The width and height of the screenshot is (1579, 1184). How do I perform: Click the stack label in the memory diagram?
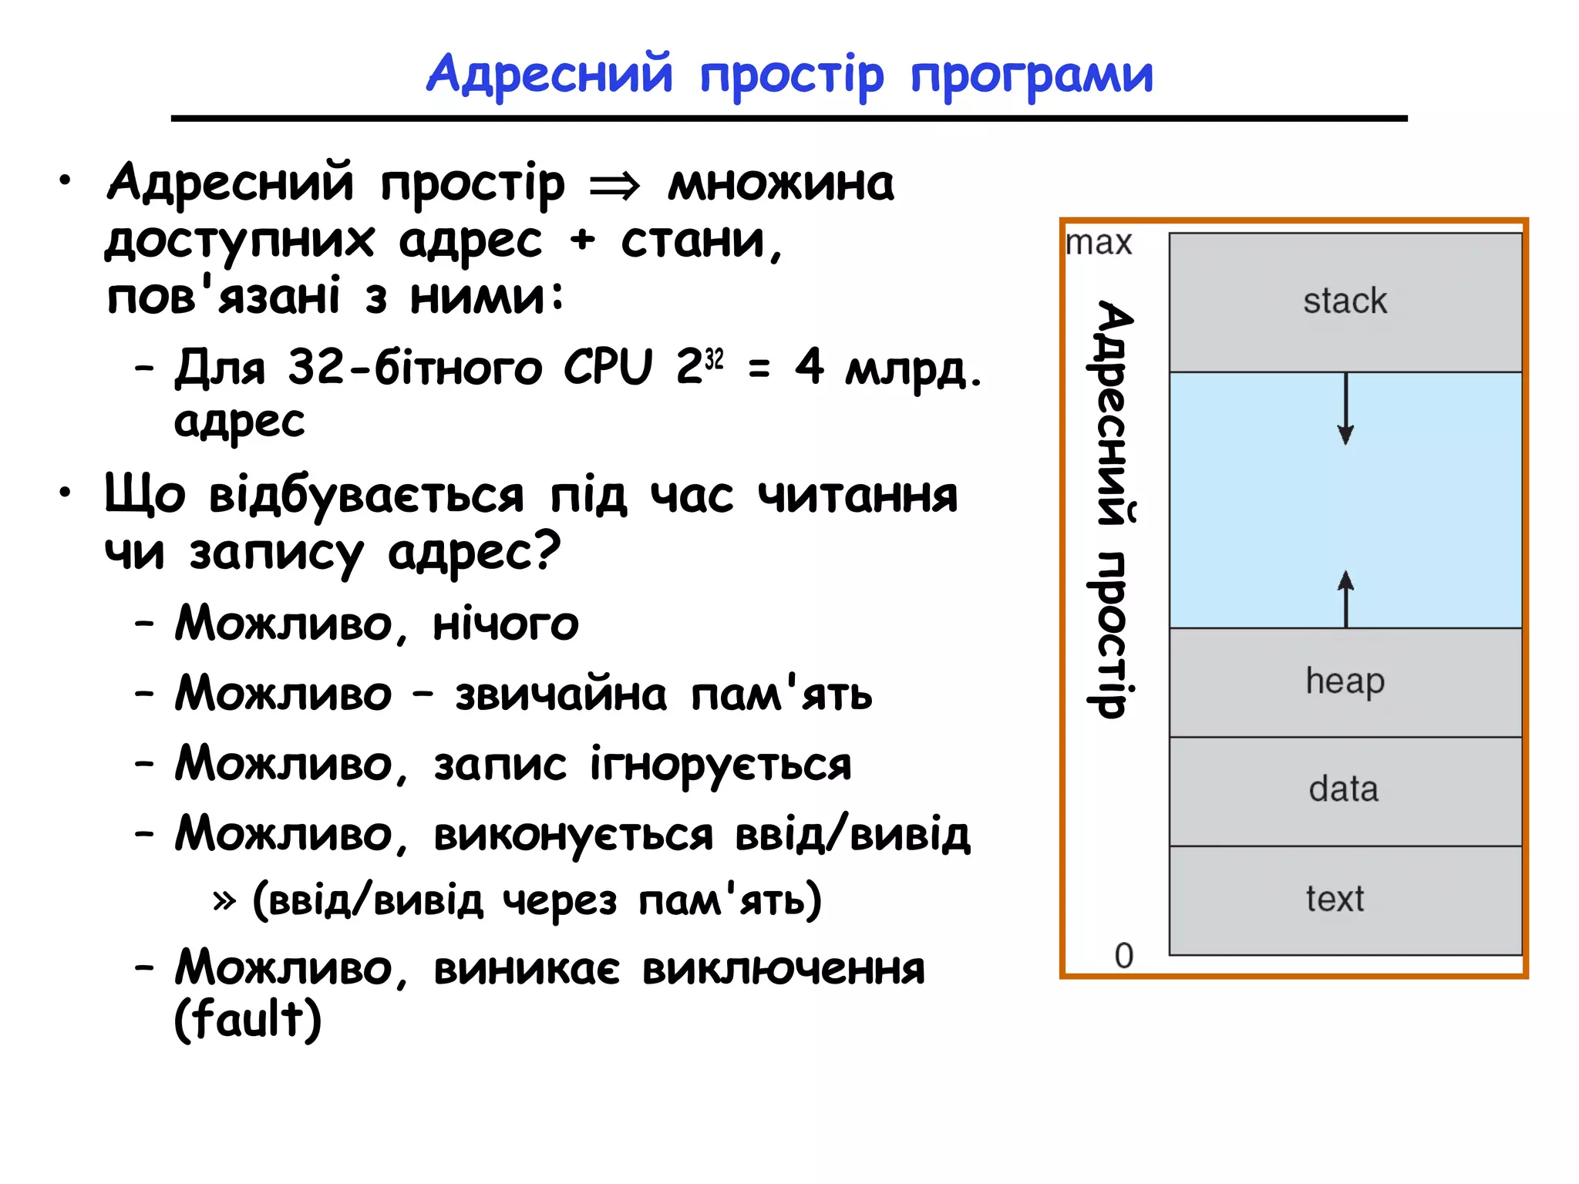pos(1345,301)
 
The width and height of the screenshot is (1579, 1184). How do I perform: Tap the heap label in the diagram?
pos(1345,681)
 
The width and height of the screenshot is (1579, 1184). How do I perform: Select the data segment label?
pos(1343,789)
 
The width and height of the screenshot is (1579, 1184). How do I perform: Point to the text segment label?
pos(1335,899)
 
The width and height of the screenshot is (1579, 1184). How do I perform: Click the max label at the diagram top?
pos(1099,244)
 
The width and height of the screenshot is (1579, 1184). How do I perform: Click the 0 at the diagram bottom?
pos(1123,956)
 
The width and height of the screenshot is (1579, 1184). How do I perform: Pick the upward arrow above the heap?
pos(1345,598)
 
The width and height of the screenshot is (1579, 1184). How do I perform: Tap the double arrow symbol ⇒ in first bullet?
pos(614,186)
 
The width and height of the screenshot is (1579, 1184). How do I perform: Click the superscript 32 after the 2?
pos(715,359)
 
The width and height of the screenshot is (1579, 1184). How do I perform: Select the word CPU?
pos(608,367)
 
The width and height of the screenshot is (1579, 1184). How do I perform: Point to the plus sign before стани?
pos(583,240)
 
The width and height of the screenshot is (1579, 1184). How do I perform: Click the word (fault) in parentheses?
pos(247,1019)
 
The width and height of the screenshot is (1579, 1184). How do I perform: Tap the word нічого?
pos(505,624)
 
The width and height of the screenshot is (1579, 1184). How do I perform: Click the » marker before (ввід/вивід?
pos(224,900)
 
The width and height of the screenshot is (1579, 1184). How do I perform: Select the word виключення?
pos(783,970)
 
